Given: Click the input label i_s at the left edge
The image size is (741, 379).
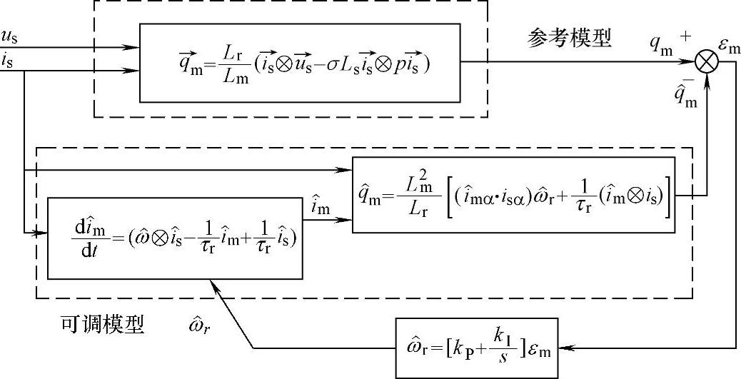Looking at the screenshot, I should pos(8,61).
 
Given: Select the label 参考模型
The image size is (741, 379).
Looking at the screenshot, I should pos(570,38).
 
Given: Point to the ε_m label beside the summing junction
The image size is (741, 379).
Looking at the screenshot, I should pos(729,47).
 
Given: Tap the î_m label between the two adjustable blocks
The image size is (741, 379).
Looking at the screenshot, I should pos(321,207).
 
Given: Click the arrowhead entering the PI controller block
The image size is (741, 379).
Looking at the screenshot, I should pos(567,347).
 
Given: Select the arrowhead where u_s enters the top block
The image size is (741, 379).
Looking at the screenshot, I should pos(133,48).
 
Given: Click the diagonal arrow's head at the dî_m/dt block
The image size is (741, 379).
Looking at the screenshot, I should pos(213,284).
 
